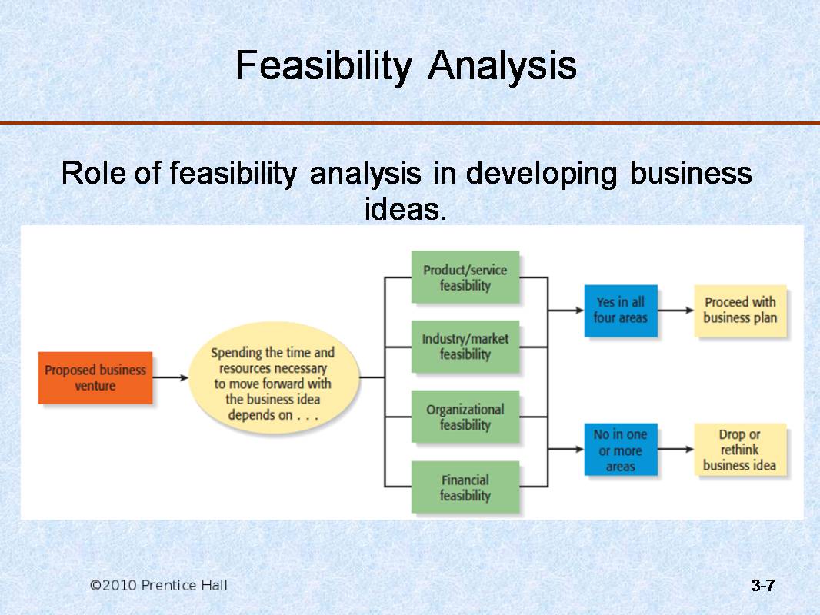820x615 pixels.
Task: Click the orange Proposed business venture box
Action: click(x=95, y=377)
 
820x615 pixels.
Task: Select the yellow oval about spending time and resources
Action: click(x=274, y=377)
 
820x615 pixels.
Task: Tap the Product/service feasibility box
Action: click(x=465, y=277)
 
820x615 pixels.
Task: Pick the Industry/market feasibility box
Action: click(x=465, y=347)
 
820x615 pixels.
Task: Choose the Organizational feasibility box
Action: click(x=465, y=417)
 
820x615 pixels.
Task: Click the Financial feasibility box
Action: click(x=465, y=487)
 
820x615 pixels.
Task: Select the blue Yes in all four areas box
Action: click(x=621, y=311)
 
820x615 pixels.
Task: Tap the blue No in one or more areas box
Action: click(x=621, y=450)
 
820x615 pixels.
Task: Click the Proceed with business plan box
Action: click(x=740, y=311)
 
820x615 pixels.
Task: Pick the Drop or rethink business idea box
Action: click(x=740, y=450)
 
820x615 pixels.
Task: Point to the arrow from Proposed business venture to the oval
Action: click(x=171, y=377)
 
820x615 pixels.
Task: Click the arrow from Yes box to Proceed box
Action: click(x=675, y=311)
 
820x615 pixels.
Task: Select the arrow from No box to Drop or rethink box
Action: click(x=675, y=449)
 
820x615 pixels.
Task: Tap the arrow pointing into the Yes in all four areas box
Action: click(x=566, y=311)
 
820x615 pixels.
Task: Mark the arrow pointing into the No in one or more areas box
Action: click(x=566, y=449)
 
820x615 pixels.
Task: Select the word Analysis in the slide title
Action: click(x=502, y=66)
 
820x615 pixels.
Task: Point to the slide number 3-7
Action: click(x=763, y=585)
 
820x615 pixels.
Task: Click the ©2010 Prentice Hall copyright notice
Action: click(x=158, y=585)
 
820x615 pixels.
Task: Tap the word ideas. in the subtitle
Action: click(x=406, y=209)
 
